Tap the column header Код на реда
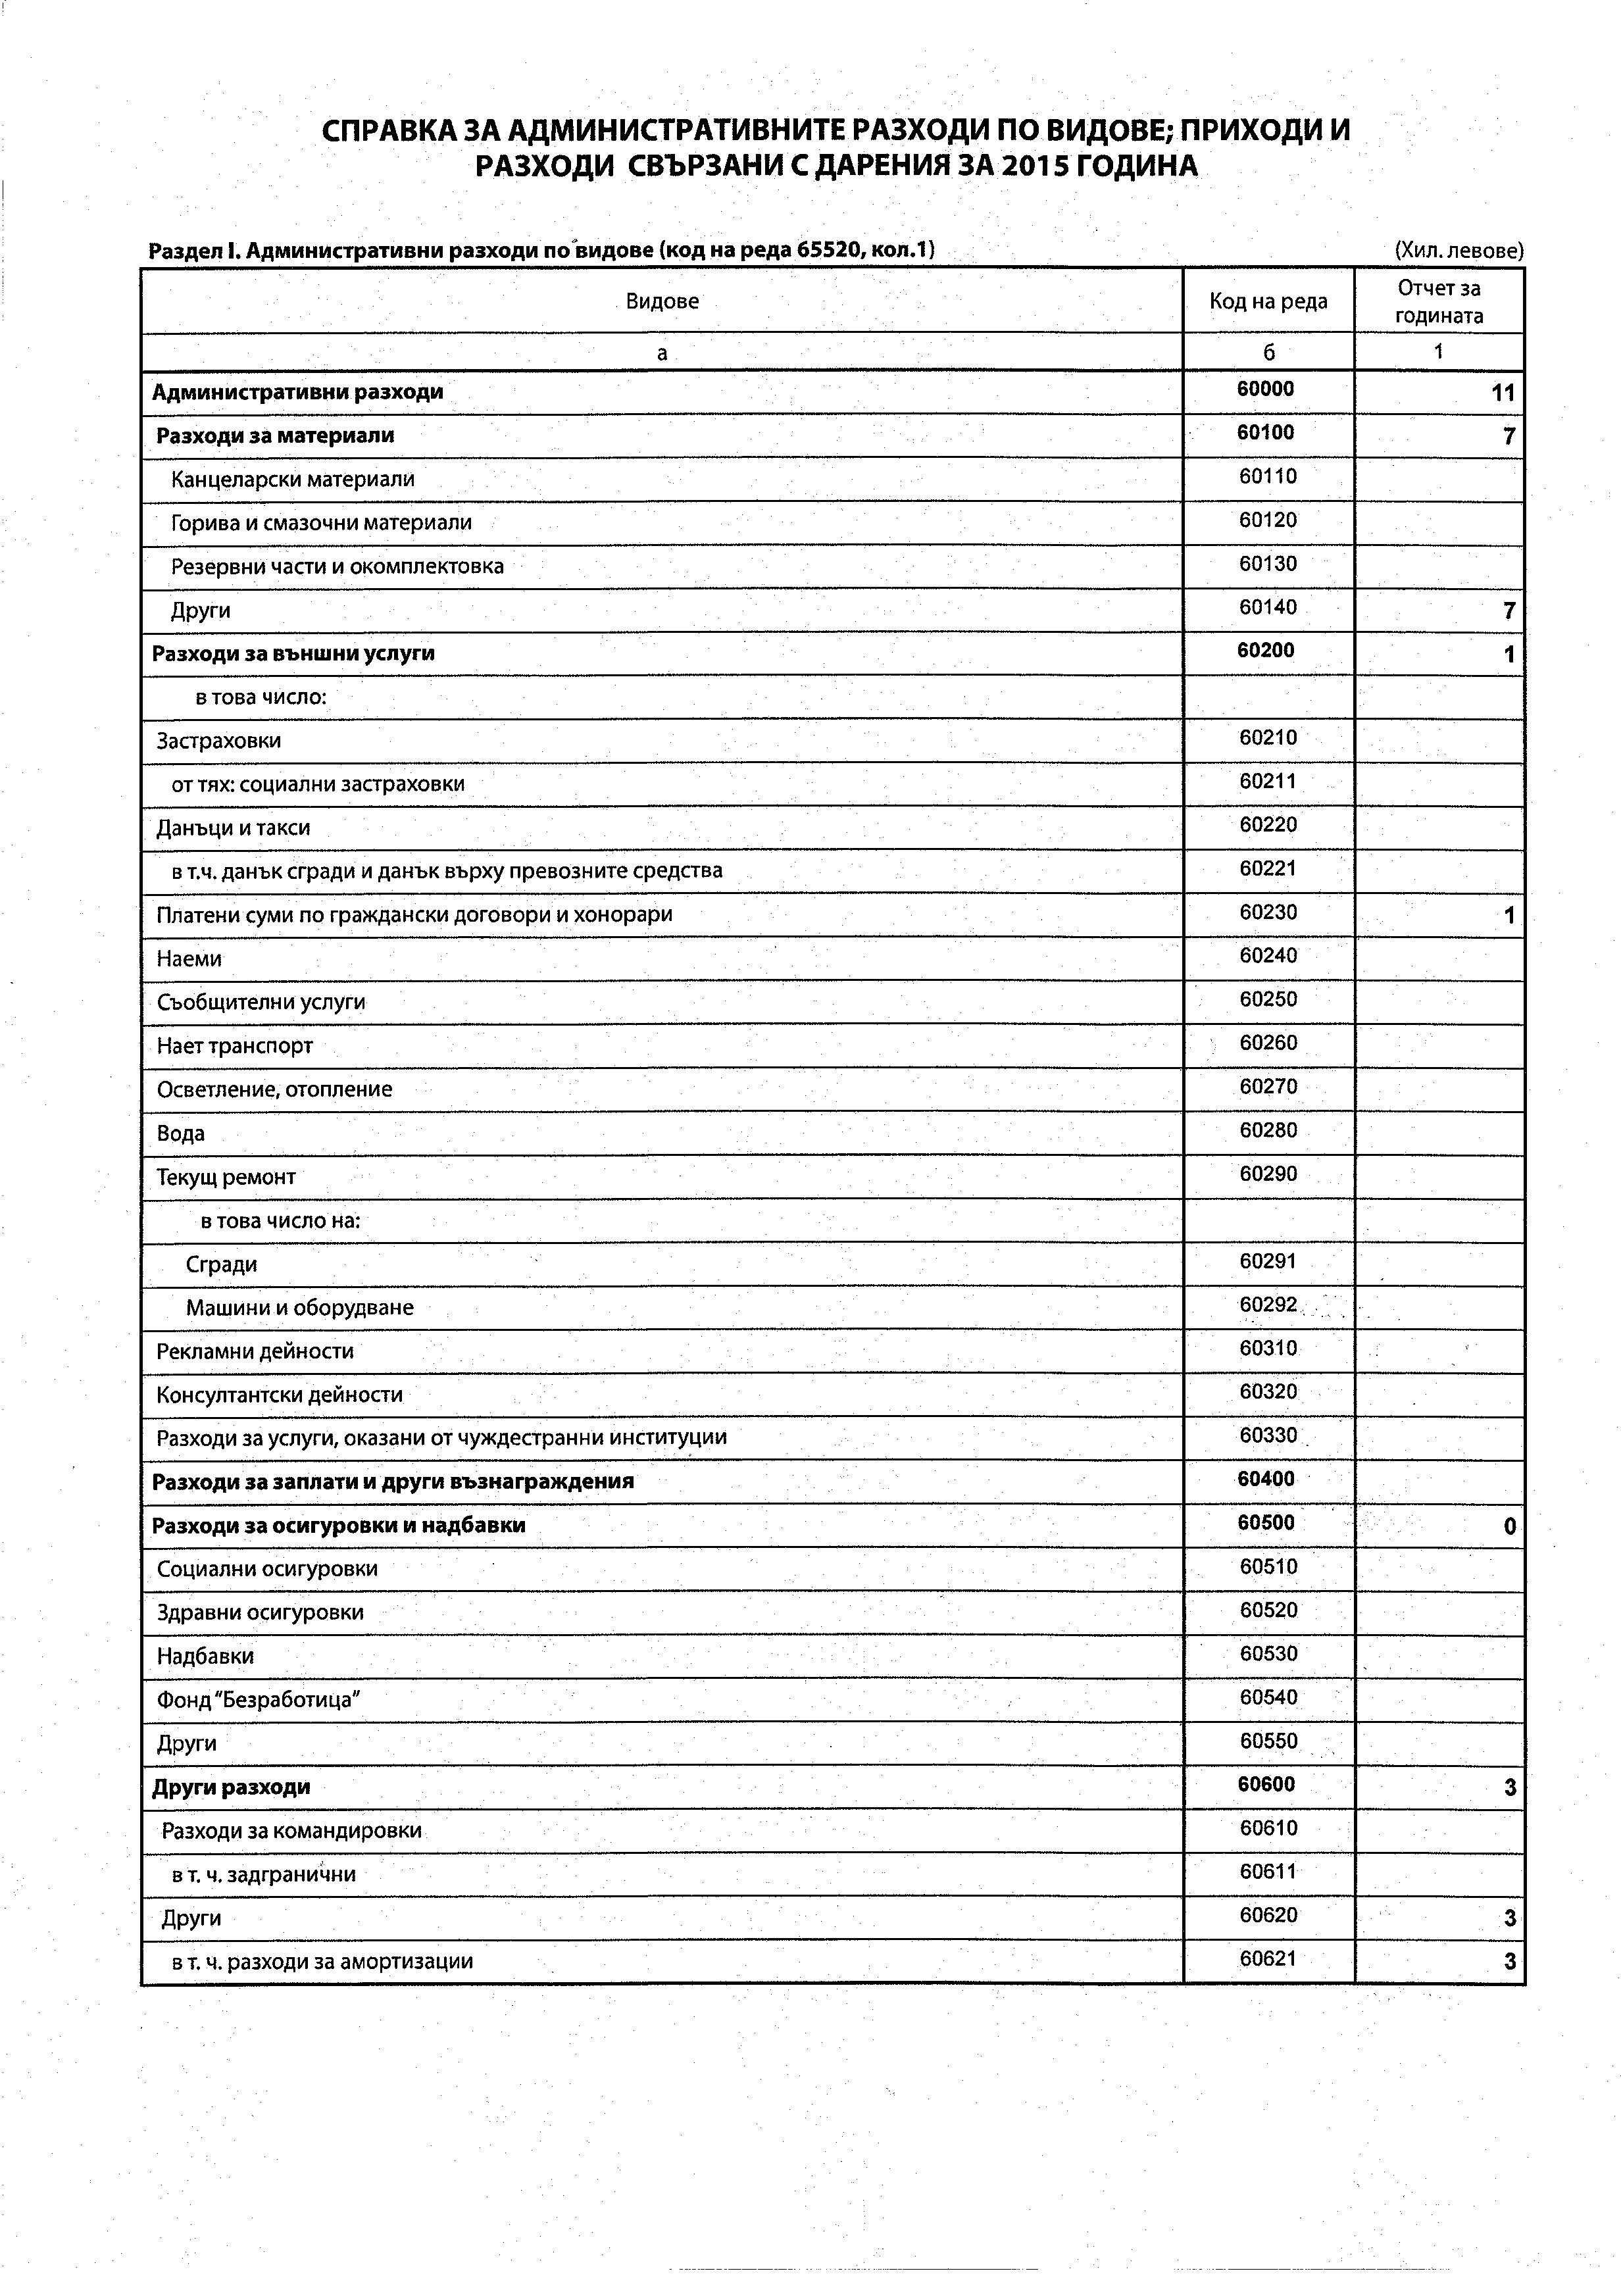[1268, 301]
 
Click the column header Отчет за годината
[1438, 301]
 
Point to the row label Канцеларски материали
[293, 479]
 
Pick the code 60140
[1268, 607]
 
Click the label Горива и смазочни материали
[322, 523]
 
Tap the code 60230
[1268, 912]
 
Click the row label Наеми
[189, 959]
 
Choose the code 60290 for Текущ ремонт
[1268, 1174]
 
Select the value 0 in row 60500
[1509, 1526]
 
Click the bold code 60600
[1266, 1784]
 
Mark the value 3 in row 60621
[1509, 1962]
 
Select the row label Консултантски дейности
[280, 1395]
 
